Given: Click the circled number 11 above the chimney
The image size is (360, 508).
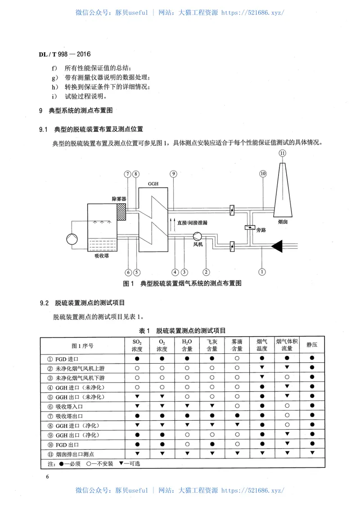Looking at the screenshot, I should point(282,153).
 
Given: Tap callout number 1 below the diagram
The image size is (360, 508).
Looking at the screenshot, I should point(262,271).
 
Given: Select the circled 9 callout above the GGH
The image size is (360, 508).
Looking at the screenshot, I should point(173,174).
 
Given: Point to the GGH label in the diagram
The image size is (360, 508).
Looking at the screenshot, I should point(153,184).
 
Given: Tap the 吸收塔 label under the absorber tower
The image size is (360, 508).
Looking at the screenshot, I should point(102,256).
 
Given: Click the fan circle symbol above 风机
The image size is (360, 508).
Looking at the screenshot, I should point(197,236).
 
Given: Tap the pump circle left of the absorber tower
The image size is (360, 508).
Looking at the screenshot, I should point(72,239).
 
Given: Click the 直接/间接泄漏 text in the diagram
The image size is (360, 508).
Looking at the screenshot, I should point(192,222).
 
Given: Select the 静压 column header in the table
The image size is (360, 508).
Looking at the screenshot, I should point(312,345).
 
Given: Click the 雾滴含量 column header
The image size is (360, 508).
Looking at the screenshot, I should point(237,345).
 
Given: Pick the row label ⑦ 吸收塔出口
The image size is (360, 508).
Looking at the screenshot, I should point(72,416).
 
